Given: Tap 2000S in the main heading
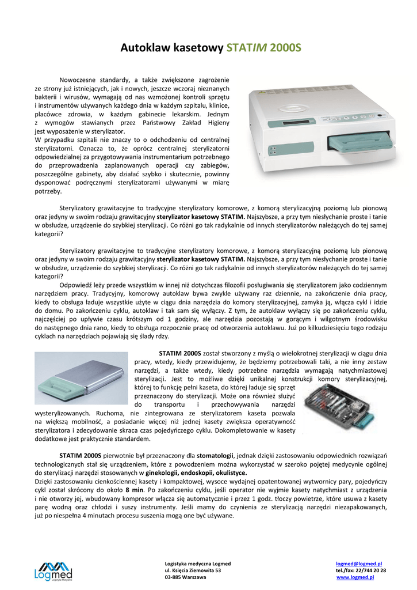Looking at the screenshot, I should pyautogui.click(x=285, y=48).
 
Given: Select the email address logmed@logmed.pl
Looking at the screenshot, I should pyautogui.click(x=359, y=563).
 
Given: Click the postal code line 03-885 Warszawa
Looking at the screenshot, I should pyautogui.click(x=185, y=577).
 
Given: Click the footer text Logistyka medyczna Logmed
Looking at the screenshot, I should pyautogui.click(x=197, y=563).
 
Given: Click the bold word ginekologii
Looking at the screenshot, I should pyautogui.click(x=170, y=472).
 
